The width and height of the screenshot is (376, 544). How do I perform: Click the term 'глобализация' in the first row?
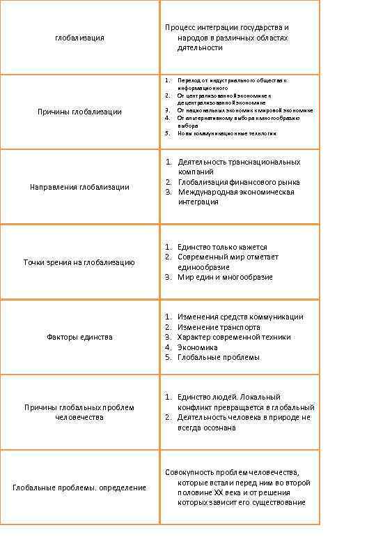point(79,38)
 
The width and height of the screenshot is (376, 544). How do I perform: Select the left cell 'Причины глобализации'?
point(79,112)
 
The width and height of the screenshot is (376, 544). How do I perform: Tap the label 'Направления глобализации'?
point(79,187)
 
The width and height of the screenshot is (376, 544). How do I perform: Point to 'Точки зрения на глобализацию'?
point(79,262)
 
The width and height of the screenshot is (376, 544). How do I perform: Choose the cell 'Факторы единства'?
point(79,338)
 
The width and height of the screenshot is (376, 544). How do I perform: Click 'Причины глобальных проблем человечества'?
point(79,412)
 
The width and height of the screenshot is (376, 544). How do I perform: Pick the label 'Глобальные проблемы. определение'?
point(79,488)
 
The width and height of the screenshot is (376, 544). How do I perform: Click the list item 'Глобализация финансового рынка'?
point(238,182)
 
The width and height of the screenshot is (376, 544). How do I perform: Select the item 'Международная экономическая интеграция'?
point(235,197)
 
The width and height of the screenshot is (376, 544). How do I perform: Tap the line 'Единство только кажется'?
point(222,247)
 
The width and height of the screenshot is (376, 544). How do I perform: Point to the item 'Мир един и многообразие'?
point(225,277)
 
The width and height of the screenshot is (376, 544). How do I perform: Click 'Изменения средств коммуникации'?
point(240,317)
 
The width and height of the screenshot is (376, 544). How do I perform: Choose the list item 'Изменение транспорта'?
point(219,327)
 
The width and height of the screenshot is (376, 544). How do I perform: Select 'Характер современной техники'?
point(234,338)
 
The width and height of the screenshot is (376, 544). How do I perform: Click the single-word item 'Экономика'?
point(198,347)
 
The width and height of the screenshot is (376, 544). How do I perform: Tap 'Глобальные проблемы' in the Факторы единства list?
point(219,357)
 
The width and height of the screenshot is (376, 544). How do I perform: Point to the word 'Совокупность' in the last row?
point(188,472)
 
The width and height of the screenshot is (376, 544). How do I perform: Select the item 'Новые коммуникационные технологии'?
point(226,133)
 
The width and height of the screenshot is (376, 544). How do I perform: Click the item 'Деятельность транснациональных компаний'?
point(238,167)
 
